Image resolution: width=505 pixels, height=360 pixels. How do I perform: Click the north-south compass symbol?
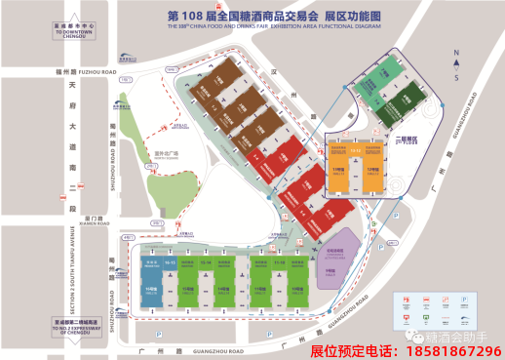(455, 60)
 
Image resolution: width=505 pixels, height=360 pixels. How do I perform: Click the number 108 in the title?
(199, 17)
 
